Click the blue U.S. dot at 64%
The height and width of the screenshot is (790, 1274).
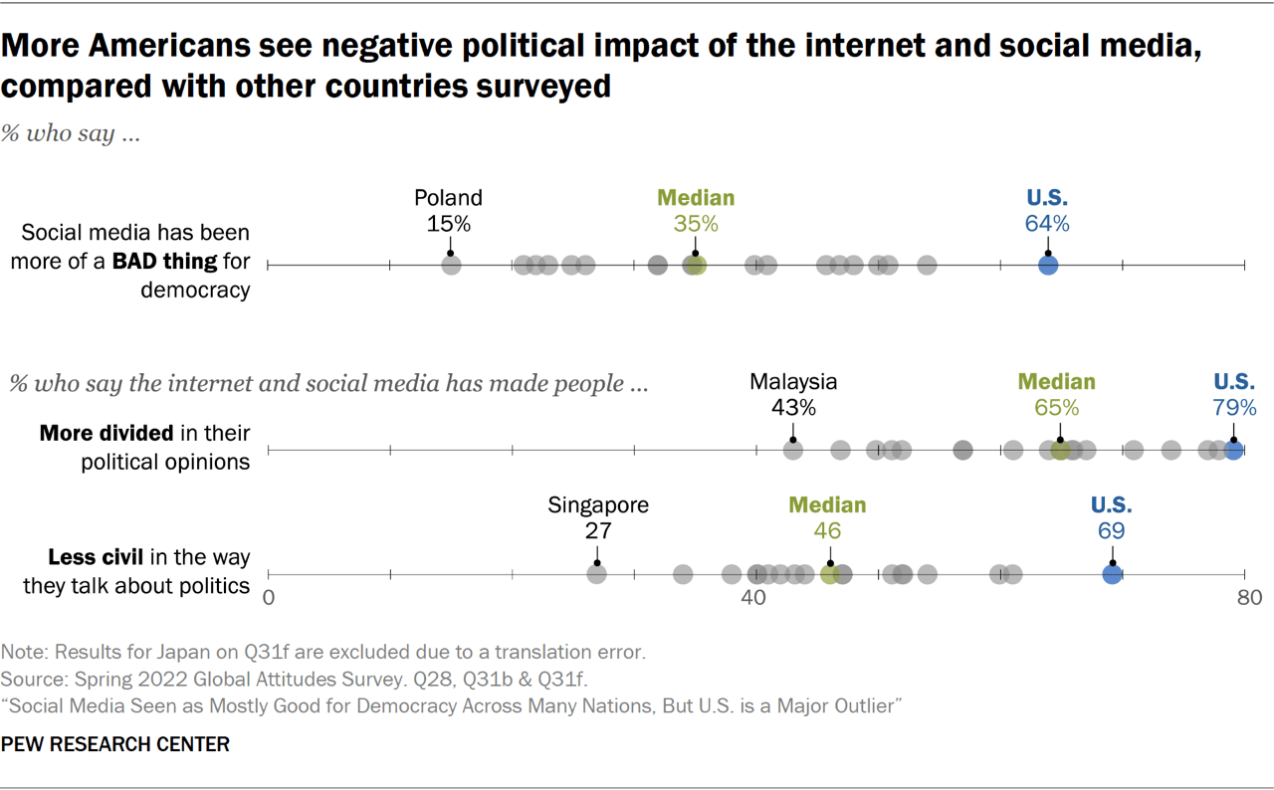pyautogui.click(x=1047, y=265)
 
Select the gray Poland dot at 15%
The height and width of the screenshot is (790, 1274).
pyautogui.click(x=451, y=265)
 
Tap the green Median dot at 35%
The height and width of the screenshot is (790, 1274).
pyautogui.click(x=695, y=265)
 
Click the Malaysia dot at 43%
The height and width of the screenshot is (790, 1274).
pyautogui.click(x=793, y=450)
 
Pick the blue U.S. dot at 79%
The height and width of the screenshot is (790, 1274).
pyautogui.click(x=1233, y=450)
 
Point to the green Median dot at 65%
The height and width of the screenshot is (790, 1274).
pyautogui.click(x=1061, y=450)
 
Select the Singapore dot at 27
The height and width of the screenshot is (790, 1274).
pyautogui.click(x=597, y=574)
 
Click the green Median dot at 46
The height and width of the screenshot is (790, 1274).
pyautogui.click(x=829, y=574)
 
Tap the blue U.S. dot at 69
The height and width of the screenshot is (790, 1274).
pyautogui.click(x=1112, y=574)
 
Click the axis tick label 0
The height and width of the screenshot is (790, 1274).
pyautogui.click(x=268, y=598)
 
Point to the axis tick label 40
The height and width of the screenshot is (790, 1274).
pyautogui.click(x=753, y=598)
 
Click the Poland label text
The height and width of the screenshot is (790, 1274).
pyautogui.click(x=448, y=198)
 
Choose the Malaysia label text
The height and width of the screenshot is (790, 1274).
pyautogui.click(x=793, y=382)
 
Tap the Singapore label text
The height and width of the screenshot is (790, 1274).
pyautogui.click(x=598, y=505)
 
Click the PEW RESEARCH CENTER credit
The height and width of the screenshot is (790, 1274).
pyautogui.click(x=115, y=744)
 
